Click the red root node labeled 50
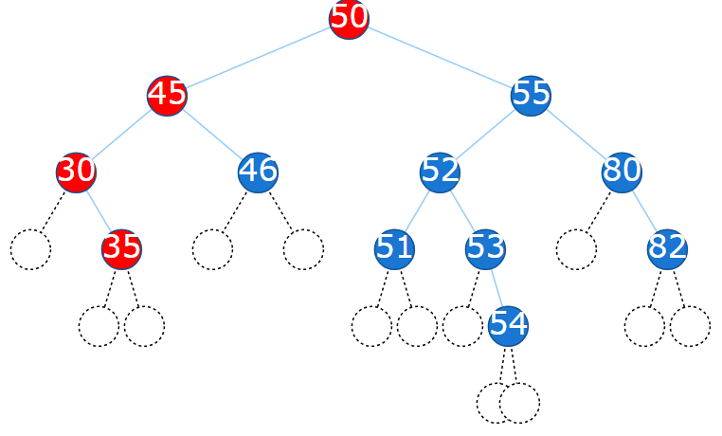pyautogui.click(x=349, y=19)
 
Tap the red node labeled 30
pyautogui.click(x=76, y=172)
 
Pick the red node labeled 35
pyautogui.click(x=121, y=248)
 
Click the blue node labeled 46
pyautogui.click(x=258, y=172)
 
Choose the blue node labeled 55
pyautogui.click(x=531, y=96)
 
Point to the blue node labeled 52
pyautogui.click(x=440, y=172)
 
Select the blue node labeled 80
pyautogui.click(x=622, y=172)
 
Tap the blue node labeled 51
pyautogui.click(x=394, y=248)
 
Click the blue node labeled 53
pyautogui.click(x=485, y=248)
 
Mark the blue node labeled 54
pyautogui.click(x=508, y=325)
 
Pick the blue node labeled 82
pyautogui.click(x=667, y=248)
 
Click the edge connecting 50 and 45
pyautogui.click(x=258, y=57)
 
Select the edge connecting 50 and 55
pyautogui.click(x=440, y=57)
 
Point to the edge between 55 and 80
pyautogui.click(x=576, y=134)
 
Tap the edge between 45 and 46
pyautogui.click(x=212, y=134)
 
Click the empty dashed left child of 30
pyautogui.click(x=30, y=248)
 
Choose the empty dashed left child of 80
pyautogui.click(x=576, y=248)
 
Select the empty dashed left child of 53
pyautogui.click(x=462, y=325)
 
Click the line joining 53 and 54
pyautogui.click(x=496, y=286)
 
